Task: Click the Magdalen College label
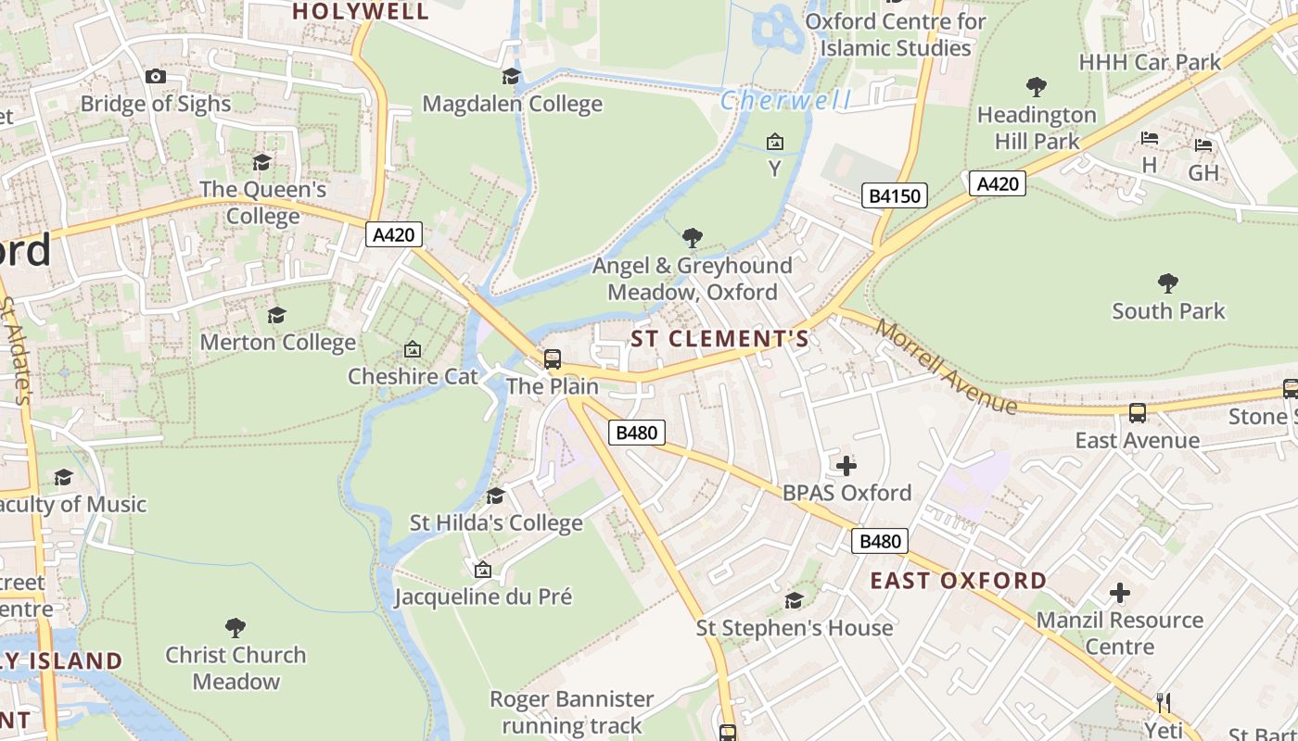512,104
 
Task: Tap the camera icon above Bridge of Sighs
156,77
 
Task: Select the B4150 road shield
895,195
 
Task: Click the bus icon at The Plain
553,359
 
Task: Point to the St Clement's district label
719,339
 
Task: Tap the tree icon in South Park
1168,283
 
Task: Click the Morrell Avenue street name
946,367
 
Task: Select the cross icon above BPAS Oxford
846,465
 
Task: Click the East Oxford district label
959,581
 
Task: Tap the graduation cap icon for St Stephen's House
795,600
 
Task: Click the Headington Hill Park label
1037,128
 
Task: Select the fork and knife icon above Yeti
1164,703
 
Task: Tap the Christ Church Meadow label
235,668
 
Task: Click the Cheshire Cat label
413,377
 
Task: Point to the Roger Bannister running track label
571,711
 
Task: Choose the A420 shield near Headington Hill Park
998,183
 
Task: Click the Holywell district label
361,11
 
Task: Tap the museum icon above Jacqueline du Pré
482,570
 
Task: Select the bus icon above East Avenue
1137,413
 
